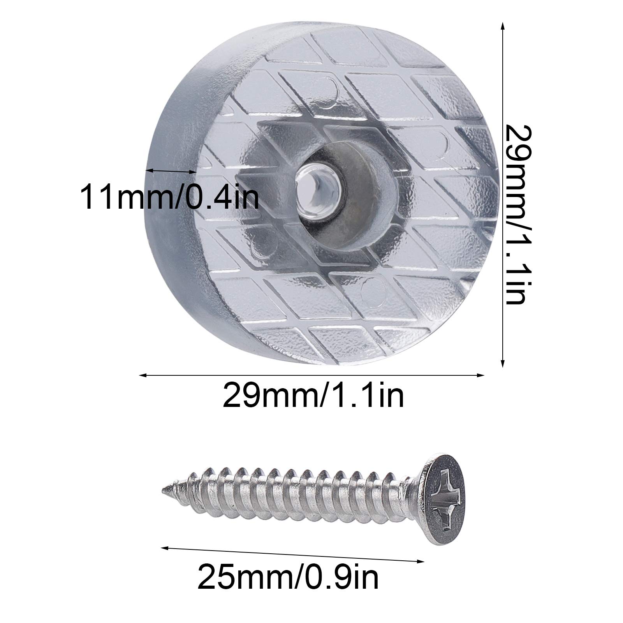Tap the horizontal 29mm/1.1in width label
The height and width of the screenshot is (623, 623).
[313, 395]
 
